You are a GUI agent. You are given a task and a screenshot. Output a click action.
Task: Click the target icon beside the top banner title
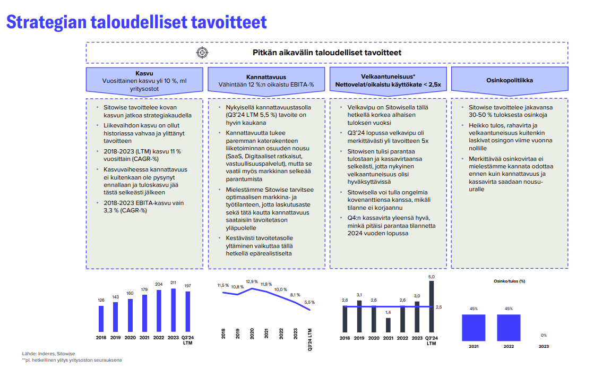(x=202, y=53)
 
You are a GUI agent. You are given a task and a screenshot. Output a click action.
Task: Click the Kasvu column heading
(x=144, y=73)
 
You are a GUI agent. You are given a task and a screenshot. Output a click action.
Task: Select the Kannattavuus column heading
(x=266, y=76)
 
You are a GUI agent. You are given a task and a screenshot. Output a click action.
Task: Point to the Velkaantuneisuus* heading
(x=388, y=76)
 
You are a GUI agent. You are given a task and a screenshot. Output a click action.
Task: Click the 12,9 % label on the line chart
(x=252, y=281)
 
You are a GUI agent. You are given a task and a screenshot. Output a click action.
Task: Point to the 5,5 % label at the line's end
(x=309, y=302)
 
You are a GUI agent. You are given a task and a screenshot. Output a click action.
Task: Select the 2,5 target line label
(x=438, y=307)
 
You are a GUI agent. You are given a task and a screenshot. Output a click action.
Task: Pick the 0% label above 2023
(x=544, y=335)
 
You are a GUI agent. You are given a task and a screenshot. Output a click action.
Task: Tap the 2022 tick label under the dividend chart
(x=508, y=347)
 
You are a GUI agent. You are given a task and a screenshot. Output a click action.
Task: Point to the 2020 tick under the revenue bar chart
(x=130, y=338)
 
